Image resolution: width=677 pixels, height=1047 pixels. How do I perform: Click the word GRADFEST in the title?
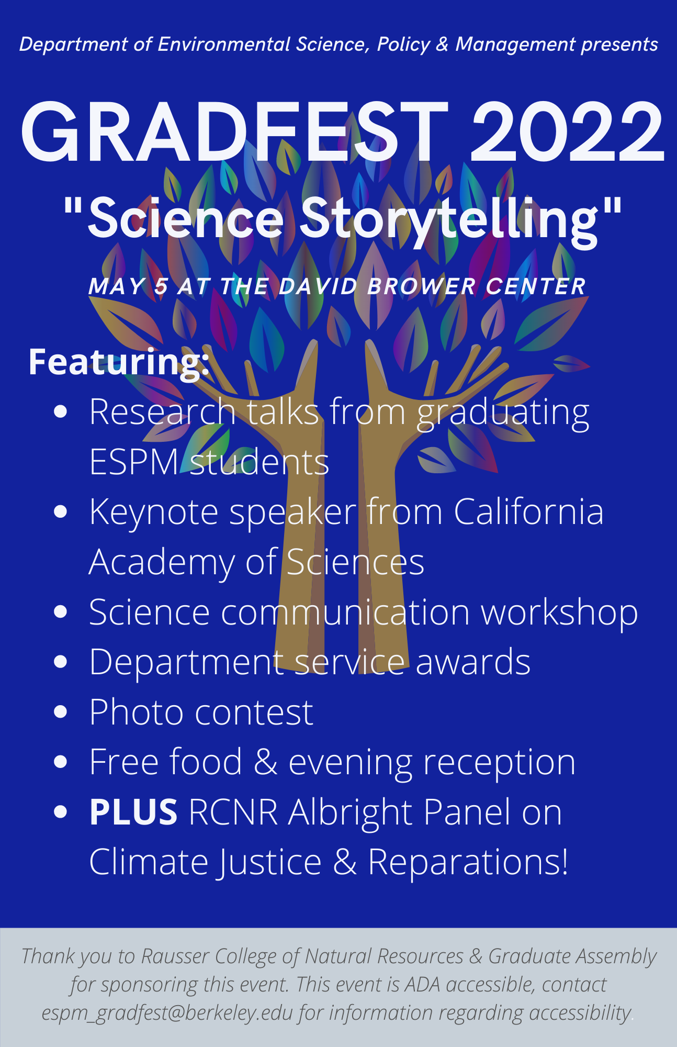point(234,131)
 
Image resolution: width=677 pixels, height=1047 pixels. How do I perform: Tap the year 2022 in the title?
point(567,131)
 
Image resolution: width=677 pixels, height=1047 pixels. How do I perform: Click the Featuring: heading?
point(119,362)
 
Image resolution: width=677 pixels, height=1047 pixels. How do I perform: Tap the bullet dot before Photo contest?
point(61,712)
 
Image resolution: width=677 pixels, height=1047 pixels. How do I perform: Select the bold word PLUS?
point(133,812)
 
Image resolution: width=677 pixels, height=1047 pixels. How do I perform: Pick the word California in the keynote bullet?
point(528,511)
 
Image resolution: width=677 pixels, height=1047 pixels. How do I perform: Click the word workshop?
point(559,613)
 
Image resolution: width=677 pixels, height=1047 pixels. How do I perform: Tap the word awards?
point(473,662)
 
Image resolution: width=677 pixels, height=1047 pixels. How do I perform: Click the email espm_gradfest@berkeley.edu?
point(167,1013)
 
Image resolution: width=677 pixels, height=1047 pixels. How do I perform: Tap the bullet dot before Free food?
point(61,762)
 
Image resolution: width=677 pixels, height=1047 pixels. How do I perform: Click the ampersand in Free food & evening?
point(266,762)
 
